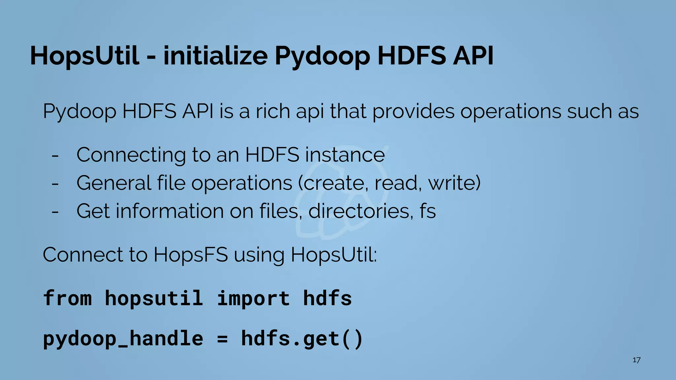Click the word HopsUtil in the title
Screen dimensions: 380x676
[x=84, y=56]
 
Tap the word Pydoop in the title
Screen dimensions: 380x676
[x=322, y=56]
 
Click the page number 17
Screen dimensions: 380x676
[x=636, y=360]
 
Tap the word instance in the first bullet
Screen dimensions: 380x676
[x=345, y=155]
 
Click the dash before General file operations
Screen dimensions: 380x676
[x=55, y=183]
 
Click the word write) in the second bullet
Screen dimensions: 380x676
[x=454, y=183]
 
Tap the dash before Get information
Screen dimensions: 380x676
[x=55, y=211]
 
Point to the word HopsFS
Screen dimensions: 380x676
[x=190, y=255]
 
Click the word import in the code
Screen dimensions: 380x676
[x=253, y=298]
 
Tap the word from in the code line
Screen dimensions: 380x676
[x=67, y=298]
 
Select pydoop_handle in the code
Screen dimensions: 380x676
[x=123, y=339]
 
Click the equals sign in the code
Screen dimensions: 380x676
[x=222, y=339]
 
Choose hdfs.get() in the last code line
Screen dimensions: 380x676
[x=302, y=339]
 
